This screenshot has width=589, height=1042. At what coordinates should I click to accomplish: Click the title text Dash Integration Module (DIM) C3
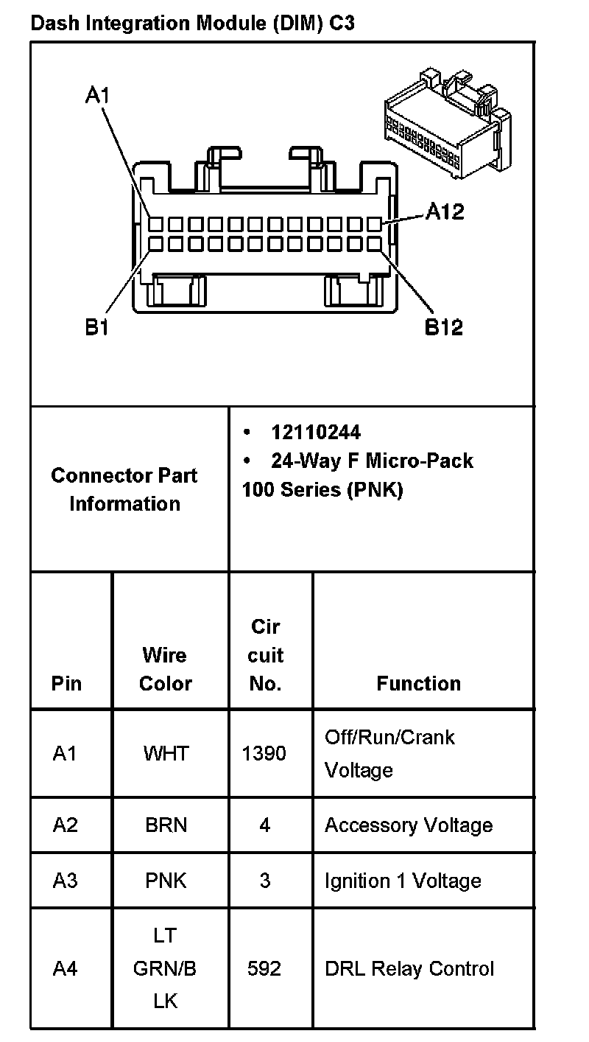click(192, 23)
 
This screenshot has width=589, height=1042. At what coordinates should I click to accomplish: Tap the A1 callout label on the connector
click(97, 95)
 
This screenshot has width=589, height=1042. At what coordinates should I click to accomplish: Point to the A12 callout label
click(445, 212)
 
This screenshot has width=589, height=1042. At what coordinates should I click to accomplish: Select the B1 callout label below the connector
click(96, 326)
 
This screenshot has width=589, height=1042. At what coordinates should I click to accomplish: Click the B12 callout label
click(444, 326)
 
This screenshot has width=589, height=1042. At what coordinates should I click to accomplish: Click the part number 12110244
click(316, 432)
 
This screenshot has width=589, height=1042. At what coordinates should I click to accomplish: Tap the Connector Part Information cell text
click(124, 489)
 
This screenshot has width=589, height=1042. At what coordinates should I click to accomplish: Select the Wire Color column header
click(166, 669)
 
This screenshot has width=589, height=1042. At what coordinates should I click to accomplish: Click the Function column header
click(418, 683)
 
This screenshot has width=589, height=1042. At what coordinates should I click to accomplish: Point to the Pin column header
click(67, 683)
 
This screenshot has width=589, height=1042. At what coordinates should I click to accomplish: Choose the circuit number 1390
click(264, 753)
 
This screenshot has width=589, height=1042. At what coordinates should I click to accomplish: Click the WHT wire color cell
click(166, 753)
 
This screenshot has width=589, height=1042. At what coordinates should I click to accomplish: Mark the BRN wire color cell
click(166, 825)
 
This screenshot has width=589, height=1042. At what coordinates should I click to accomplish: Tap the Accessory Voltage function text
click(409, 825)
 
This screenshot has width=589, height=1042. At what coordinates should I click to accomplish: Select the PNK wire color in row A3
click(166, 881)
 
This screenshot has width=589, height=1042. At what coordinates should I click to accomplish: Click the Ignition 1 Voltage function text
click(403, 881)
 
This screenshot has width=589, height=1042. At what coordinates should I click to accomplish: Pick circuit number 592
click(264, 968)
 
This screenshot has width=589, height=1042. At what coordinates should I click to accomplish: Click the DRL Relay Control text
click(409, 968)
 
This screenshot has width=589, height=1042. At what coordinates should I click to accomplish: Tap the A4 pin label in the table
click(65, 968)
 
